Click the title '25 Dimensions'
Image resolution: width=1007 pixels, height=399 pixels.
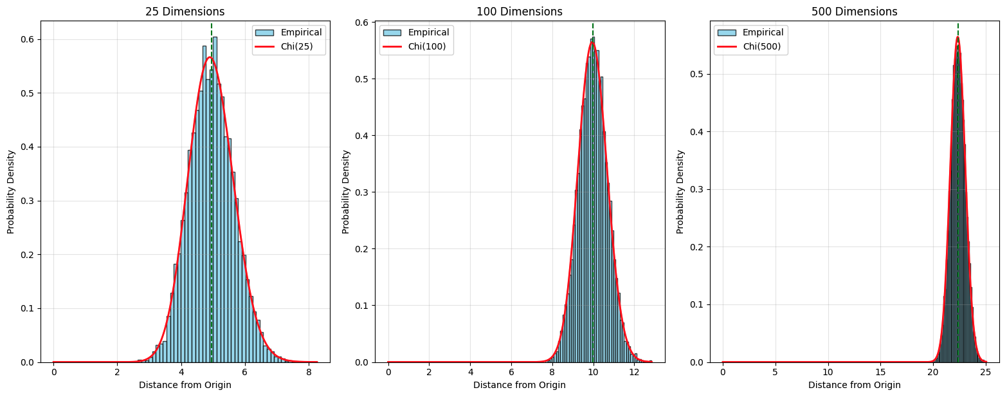pyautogui.click(x=185, y=12)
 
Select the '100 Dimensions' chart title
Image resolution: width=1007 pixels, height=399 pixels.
pyautogui.click(x=519, y=12)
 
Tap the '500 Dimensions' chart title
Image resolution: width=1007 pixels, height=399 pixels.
pyautogui.click(x=854, y=12)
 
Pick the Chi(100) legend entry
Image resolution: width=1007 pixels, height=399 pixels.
pyautogui.click(x=433, y=47)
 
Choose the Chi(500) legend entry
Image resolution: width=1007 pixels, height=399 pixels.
pyautogui.click(x=767, y=47)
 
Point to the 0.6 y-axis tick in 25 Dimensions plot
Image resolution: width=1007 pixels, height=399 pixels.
pyautogui.click(x=28, y=39)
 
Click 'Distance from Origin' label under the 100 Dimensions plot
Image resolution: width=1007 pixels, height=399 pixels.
pyautogui.click(x=519, y=385)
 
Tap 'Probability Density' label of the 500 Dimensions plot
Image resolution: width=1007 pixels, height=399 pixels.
pyautogui.click(x=680, y=192)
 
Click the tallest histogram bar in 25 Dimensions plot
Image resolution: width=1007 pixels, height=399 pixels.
pyautogui.click(x=215, y=193)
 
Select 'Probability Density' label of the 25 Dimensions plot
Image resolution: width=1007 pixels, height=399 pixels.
pyautogui.click(x=11, y=192)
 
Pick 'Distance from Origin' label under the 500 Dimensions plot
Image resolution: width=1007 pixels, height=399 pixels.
pyautogui.click(x=854, y=385)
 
